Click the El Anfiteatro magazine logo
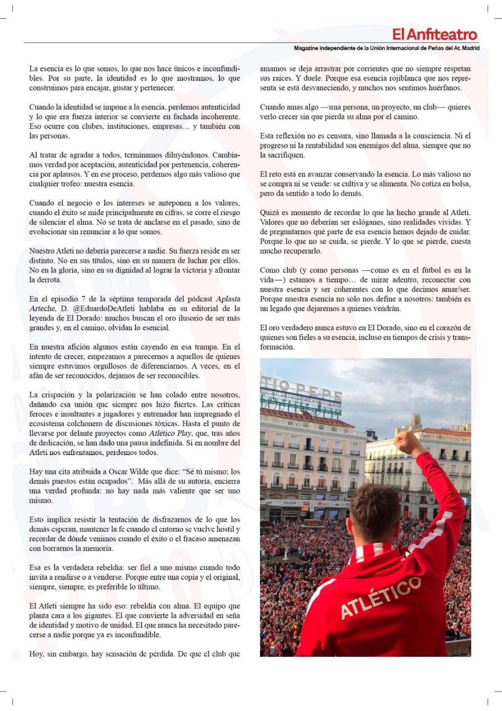coord(435,35)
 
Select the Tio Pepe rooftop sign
coord(302,391)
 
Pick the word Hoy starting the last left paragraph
coord(36,654)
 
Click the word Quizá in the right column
coord(270,213)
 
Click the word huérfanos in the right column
coord(445,88)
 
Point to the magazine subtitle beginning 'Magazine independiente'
coord(387,48)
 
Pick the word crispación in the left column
coord(59,395)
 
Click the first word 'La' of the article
coord(34,69)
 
